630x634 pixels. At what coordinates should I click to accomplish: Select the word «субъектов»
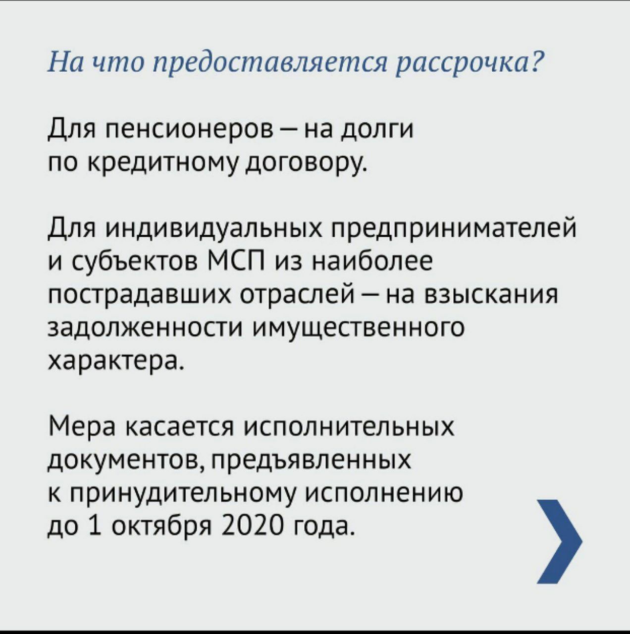pyautogui.click(x=135, y=262)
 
